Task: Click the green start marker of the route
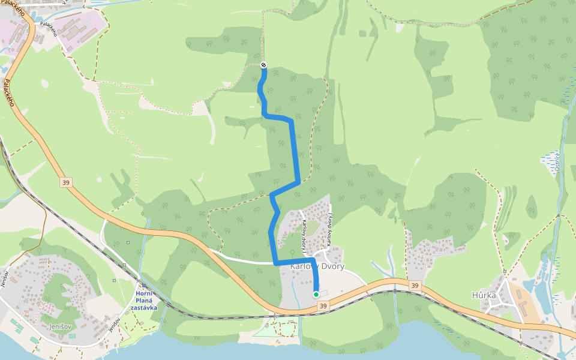316,294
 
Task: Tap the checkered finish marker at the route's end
263,65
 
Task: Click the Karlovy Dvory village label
317,266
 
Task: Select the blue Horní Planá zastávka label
144,301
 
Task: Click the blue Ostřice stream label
557,162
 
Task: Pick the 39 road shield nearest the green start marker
323,307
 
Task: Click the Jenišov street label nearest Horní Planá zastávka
113,326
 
